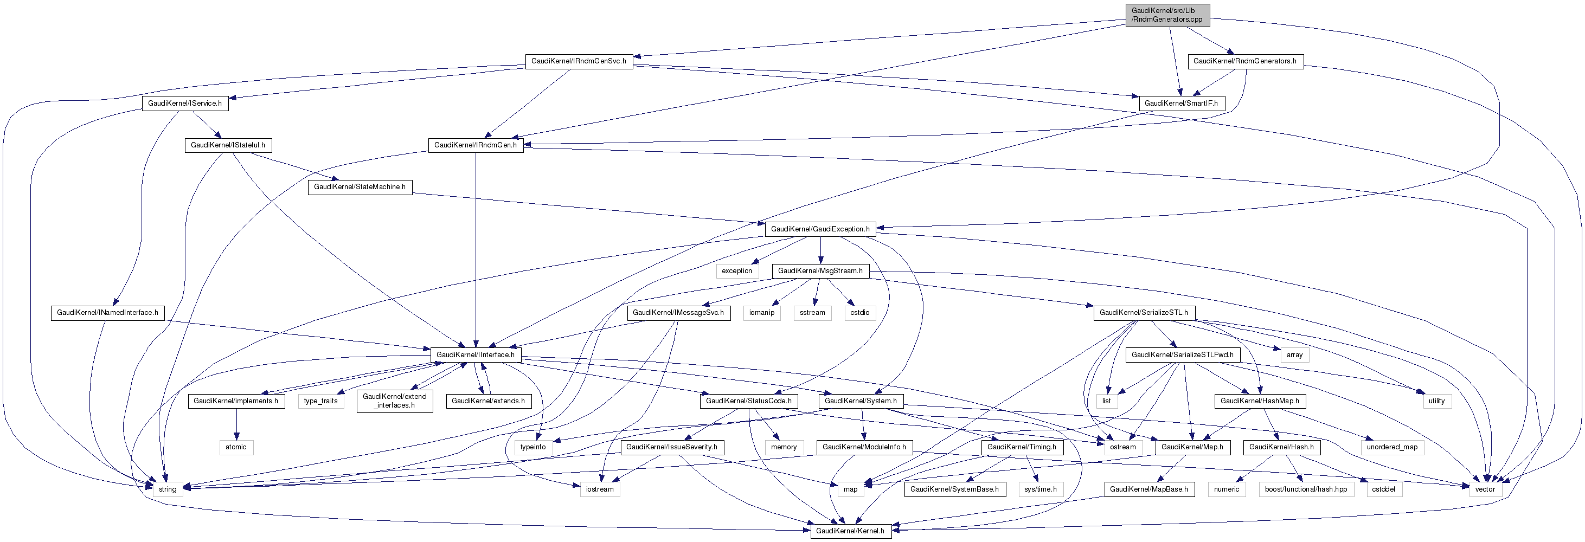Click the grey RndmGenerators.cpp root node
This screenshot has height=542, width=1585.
click(x=1166, y=15)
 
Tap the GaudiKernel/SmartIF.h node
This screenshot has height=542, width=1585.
click(x=1182, y=104)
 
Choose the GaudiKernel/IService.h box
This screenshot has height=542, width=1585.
click(x=184, y=104)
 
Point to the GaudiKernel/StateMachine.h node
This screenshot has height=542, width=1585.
click(x=360, y=187)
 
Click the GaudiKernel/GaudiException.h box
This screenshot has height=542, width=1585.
click(x=820, y=229)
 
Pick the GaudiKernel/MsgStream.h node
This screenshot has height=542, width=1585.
click(x=820, y=270)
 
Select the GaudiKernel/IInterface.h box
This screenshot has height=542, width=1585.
click(x=475, y=355)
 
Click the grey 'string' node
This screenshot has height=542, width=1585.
click(x=168, y=489)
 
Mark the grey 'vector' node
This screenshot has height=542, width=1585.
click(x=1485, y=489)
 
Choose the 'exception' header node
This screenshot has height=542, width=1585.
click(x=736, y=270)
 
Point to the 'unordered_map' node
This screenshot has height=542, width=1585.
click(x=1392, y=447)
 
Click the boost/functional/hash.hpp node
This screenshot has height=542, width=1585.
click(x=1306, y=489)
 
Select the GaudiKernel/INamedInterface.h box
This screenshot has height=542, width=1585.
click(x=108, y=313)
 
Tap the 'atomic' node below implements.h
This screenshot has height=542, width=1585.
click(x=236, y=447)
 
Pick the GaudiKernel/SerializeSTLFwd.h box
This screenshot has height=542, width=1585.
click(x=1182, y=355)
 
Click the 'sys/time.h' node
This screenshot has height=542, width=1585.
click(x=1040, y=489)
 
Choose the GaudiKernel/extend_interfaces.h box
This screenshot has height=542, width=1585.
click(x=394, y=401)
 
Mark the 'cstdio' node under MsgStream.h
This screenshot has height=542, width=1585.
click(x=859, y=313)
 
